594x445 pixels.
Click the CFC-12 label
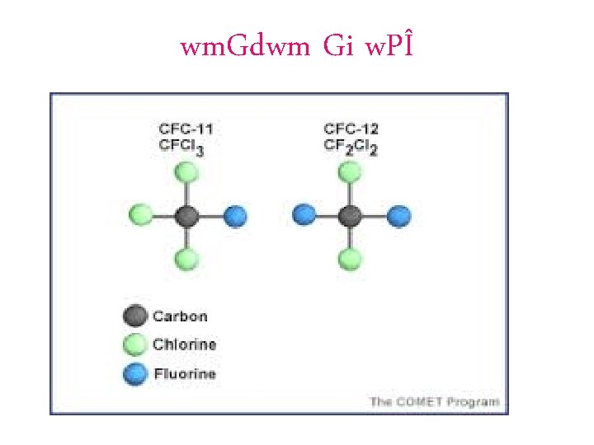351,129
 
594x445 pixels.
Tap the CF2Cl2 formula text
351,146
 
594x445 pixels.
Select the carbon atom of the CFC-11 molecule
187,217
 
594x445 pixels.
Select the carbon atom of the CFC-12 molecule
350,217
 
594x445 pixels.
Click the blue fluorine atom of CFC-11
236,217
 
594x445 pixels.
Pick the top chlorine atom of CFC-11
187,173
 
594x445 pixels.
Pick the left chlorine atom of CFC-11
140,216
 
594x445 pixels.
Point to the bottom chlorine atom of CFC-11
187,260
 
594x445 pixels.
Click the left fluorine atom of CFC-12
304,216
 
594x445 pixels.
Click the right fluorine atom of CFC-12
399,217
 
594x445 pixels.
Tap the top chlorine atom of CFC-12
350,172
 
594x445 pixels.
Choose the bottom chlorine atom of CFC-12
350,260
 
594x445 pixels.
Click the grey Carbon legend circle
135,316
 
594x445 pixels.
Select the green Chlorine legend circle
135,344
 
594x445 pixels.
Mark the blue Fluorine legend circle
135,373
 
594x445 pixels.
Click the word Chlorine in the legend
184,344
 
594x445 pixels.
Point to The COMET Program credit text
434,401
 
